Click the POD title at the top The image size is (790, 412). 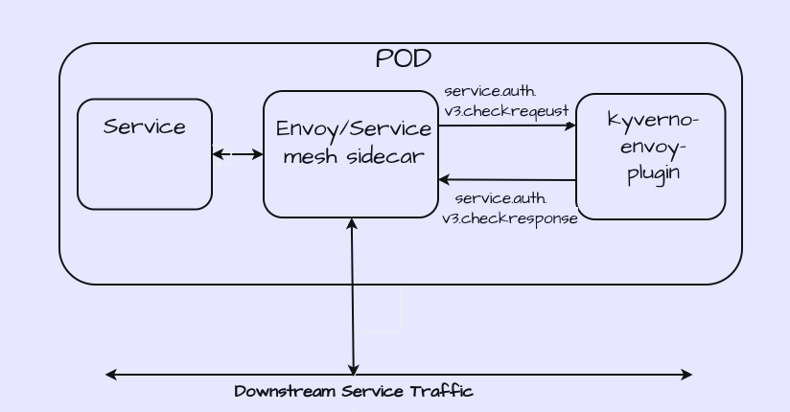tap(403, 58)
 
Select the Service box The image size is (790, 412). tap(145, 168)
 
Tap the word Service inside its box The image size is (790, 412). tap(145, 126)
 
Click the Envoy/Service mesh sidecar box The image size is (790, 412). tap(351, 187)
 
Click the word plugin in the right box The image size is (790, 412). tap(654, 173)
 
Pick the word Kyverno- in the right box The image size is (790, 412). tap(653, 121)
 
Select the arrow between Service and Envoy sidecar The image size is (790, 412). tap(238, 154)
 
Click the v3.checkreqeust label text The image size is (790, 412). tap(506, 111)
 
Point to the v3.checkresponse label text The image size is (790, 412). tap(510, 218)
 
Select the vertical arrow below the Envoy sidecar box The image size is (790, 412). tap(353, 297)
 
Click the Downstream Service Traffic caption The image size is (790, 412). tap(354, 391)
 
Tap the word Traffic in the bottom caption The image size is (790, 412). tap(442, 391)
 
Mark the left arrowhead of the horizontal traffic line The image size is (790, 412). tap(109, 375)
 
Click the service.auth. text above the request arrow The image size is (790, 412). tap(490, 91)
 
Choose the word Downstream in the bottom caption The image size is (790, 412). tap(277, 391)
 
